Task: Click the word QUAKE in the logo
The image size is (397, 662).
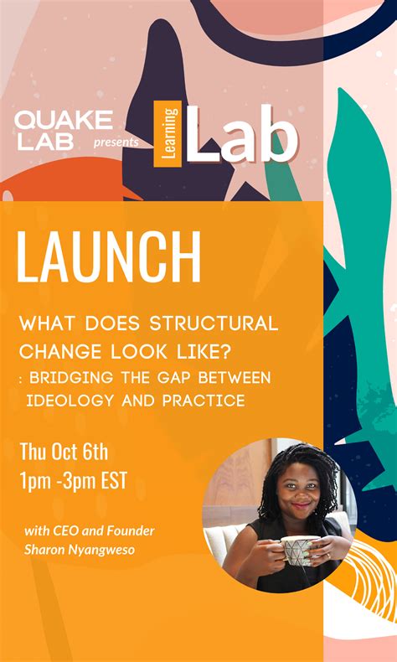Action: coord(64,120)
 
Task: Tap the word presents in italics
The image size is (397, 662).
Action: coord(116,142)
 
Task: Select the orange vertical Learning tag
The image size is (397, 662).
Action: coord(168,133)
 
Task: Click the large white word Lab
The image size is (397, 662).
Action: coord(242,134)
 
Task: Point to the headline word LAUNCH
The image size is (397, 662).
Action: coord(109,257)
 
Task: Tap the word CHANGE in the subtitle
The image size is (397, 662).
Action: coord(53,352)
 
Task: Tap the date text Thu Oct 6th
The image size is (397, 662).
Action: coord(64,453)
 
